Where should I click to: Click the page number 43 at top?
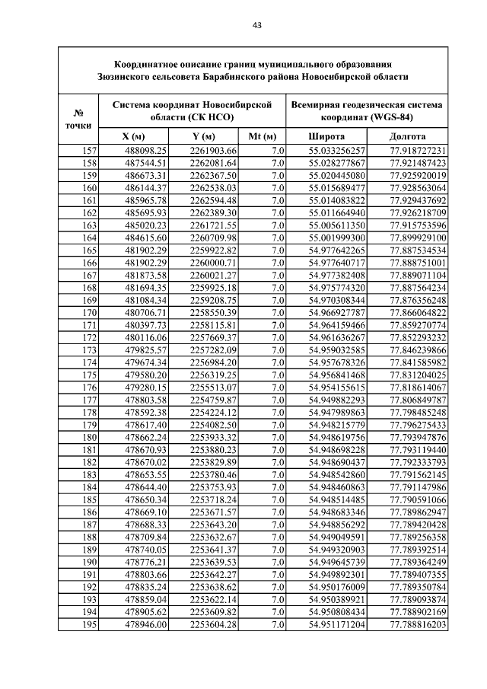256,25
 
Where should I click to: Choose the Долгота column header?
407,136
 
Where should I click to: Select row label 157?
89,151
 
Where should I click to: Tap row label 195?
89,625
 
